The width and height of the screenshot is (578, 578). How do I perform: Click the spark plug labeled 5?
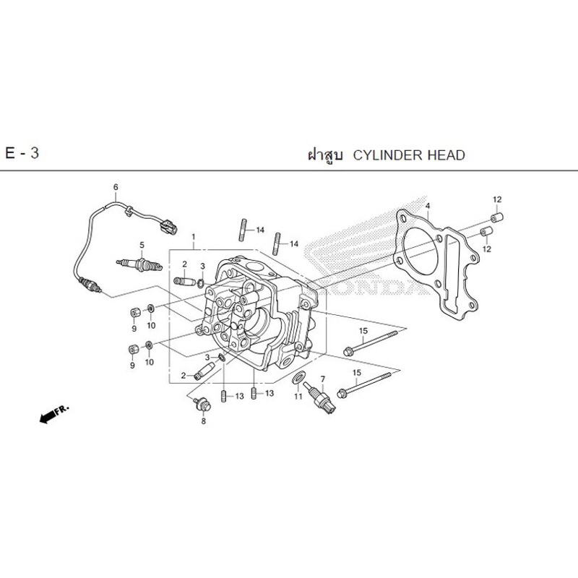139,264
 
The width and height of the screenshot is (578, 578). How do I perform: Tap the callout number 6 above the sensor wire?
116,187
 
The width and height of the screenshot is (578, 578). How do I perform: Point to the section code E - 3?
22,153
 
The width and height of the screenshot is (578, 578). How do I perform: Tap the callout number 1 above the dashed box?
193,237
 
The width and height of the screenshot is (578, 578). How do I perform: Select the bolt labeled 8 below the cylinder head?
203,405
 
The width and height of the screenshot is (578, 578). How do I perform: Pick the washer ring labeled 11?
298,377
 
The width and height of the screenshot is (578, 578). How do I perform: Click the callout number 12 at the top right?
497,199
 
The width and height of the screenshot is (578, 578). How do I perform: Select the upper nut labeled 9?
135,313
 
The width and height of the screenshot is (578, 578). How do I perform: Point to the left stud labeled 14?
243,230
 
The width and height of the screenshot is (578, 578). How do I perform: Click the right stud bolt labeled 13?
254,393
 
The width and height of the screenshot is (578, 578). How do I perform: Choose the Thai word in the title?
325,155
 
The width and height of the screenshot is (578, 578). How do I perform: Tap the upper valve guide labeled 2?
184,281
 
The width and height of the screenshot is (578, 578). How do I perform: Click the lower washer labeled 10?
149,345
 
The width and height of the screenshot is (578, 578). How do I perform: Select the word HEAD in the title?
446,155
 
